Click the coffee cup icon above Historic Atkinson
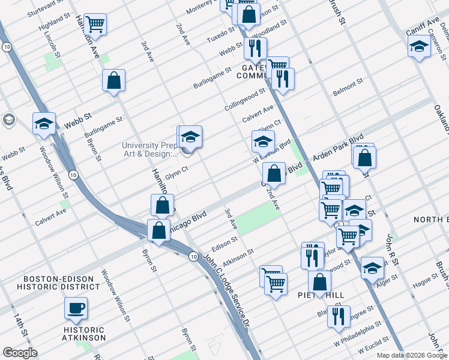pos(76,308)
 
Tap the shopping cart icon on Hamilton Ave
pos(95,25)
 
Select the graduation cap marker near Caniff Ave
pos(419,46)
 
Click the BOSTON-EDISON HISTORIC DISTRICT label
pos(56,284)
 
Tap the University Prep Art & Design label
pos(149,149)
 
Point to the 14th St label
pos(25,339)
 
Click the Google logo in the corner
pos(19,353)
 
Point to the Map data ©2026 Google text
pos(412,355)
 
